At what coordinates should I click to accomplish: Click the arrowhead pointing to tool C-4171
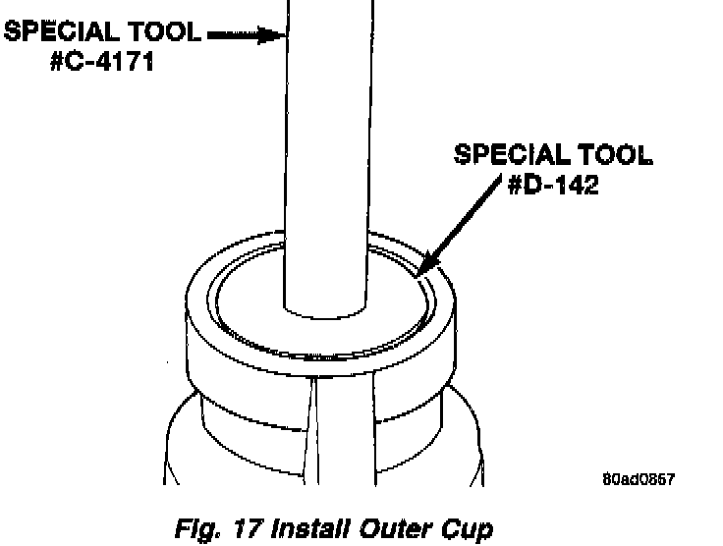coord(277,35)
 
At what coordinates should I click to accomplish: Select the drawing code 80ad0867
coord(640,479)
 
